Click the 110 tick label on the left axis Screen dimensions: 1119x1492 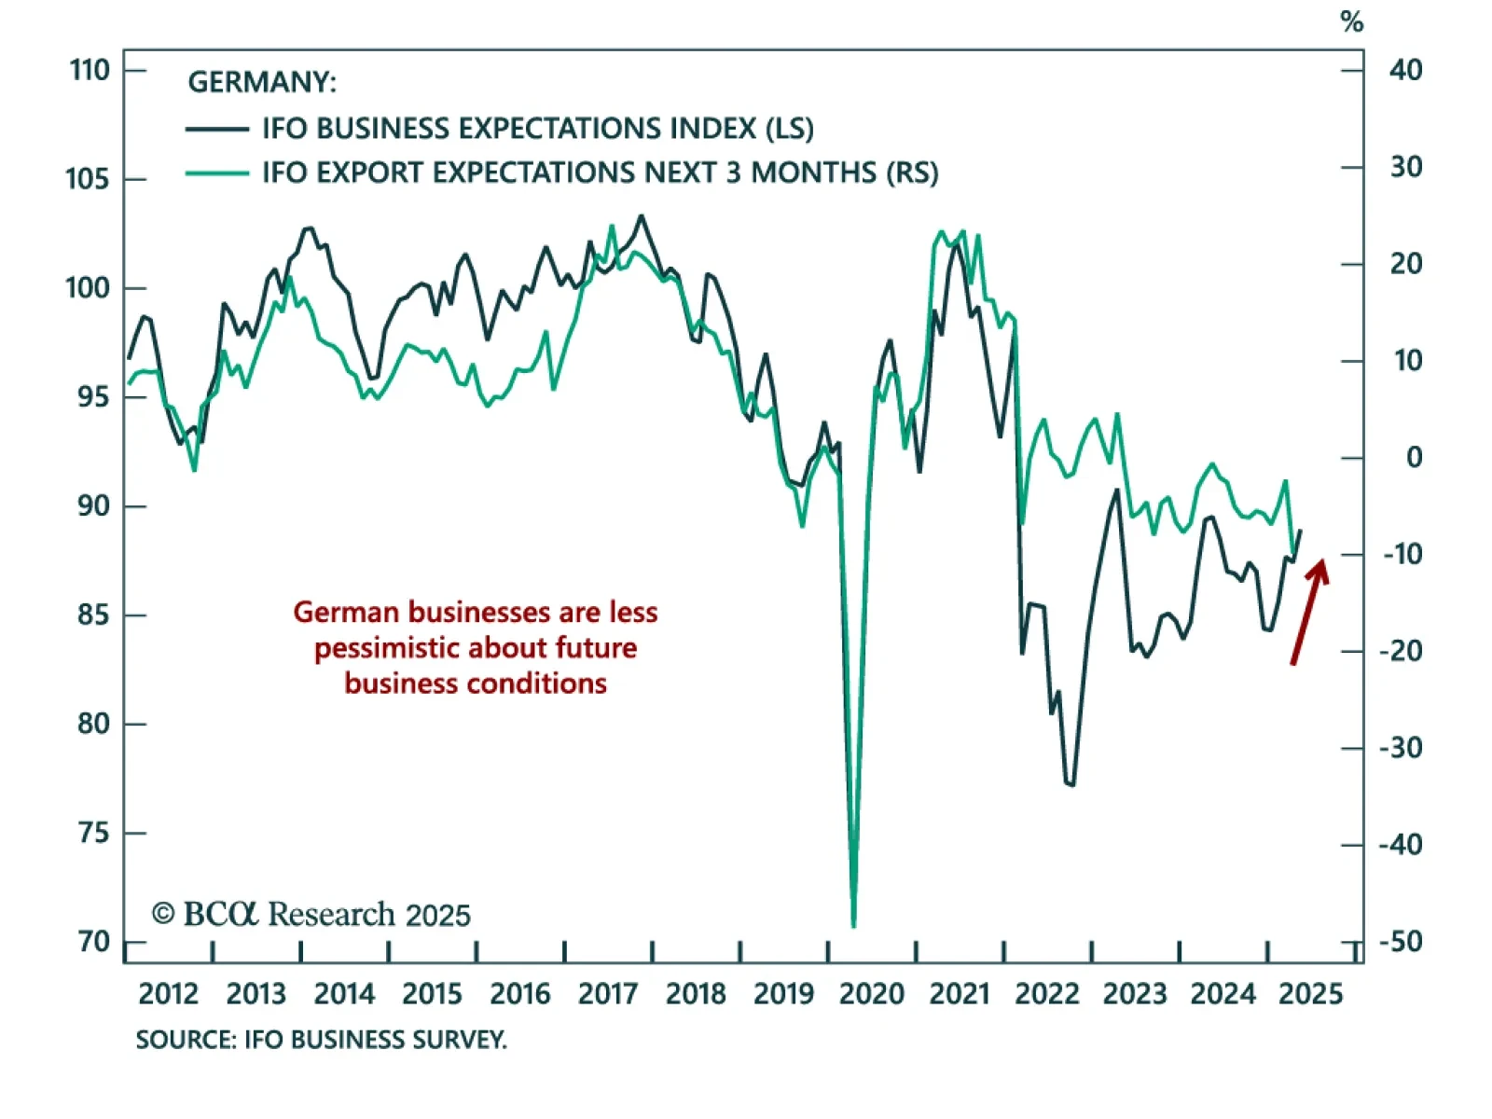click(90, 70)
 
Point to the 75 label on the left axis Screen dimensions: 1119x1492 click(93, 833)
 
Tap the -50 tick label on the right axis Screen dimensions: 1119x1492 click(1401, 942)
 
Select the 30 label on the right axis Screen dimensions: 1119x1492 click(1406, 167)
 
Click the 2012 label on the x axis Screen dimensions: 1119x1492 click(168, 994)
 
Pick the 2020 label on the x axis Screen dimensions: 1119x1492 click(871, 994)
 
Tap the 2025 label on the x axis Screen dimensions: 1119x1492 click(1310, 994)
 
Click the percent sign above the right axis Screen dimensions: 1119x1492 click(1351, 21)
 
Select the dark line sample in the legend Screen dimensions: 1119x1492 click(217, 129)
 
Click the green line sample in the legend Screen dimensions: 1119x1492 click(217, 173)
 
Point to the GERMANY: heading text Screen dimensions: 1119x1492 click(262, 82)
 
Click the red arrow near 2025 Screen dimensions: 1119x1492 click(1308, 611)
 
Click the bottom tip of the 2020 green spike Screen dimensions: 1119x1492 click(853, 926)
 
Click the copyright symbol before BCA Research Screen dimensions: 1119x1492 click(163, 914)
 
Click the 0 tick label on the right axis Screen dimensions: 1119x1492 click(1414, 458)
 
